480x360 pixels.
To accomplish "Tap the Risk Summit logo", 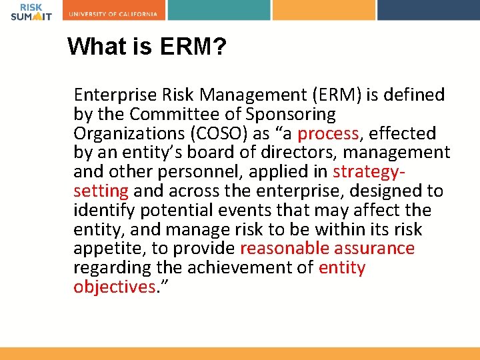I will pyautogui.click(x=31, y=11).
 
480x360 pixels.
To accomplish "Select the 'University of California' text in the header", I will pyautogui.click(x=113, y=14).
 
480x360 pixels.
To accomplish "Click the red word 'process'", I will pyautogui.click(x=328, y=133).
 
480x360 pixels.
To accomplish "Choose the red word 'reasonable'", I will pyautogui.click(x=284, y=249).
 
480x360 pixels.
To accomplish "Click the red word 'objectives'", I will pyautogui.click(x=114, y=287).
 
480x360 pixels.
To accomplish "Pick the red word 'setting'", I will pyautogui.click(x=101, y=191).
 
